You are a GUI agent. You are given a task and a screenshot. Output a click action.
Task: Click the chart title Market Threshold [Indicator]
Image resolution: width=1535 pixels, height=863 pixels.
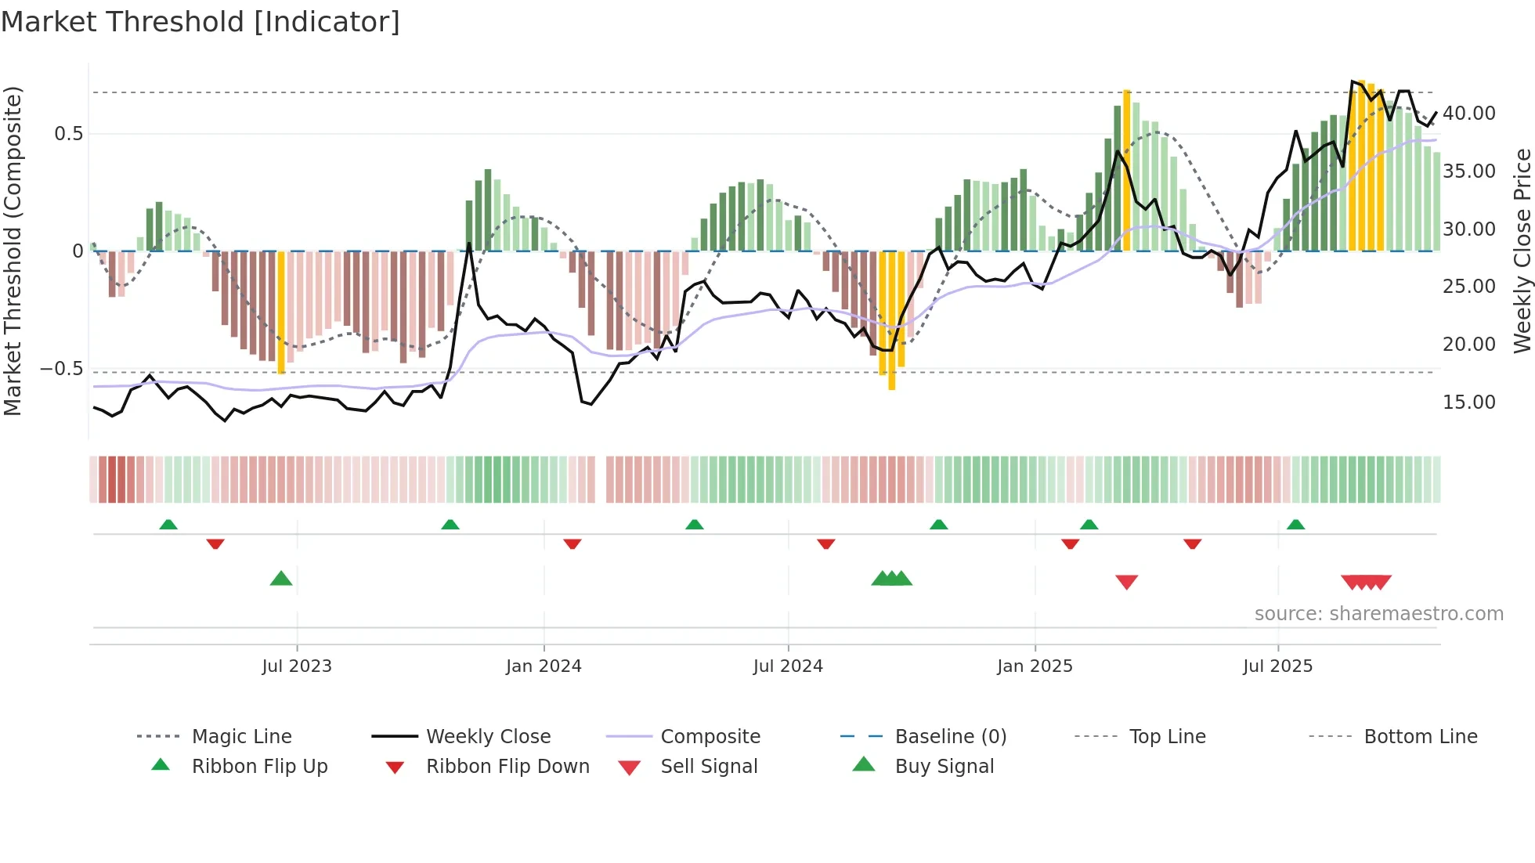[x=200, y=22]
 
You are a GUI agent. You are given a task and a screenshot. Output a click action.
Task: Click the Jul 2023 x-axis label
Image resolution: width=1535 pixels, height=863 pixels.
[x=297, y=666]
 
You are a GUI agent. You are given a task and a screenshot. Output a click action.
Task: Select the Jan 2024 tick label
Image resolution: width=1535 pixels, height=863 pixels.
[x=544, y=666]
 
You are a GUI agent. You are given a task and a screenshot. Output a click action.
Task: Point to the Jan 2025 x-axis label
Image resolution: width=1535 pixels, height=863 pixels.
[x=1035, y=666]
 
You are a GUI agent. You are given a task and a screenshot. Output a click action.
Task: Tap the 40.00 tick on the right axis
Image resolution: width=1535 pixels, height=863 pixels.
[x=1468, y=114]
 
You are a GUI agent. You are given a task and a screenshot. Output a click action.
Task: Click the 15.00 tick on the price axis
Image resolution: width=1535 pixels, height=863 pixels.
[x=1468, y=403]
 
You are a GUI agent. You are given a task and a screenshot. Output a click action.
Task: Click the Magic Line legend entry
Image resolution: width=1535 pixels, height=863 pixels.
[x=241, y=737]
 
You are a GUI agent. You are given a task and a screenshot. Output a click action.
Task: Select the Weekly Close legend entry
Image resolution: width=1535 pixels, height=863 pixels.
[x=488, y=737]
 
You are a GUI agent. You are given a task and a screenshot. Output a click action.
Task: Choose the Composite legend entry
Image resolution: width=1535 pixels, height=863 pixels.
[x=710, y=737]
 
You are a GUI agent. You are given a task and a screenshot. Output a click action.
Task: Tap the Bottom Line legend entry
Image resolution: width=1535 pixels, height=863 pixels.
[x=1420, y=737]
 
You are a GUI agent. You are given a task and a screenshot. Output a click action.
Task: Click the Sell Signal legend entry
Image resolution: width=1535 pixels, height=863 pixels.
[x=709, y=767]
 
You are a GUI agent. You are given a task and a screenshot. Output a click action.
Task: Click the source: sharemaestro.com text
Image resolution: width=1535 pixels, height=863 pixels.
[x=1378, y=614]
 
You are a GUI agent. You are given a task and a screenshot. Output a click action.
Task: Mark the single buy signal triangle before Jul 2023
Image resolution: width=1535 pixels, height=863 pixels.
[x=281, y=579]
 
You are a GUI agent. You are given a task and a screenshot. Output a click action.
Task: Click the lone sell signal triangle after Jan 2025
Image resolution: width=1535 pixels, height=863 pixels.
[x=1126, y=582]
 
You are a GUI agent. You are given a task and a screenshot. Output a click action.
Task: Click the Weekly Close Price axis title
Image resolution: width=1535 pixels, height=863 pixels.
[x=1522, y=251]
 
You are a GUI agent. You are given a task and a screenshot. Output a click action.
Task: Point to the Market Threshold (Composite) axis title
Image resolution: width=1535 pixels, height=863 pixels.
[x=13, y=251]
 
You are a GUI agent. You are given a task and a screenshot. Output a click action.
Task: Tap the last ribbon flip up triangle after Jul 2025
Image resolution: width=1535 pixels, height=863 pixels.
[x=1295, y=525]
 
